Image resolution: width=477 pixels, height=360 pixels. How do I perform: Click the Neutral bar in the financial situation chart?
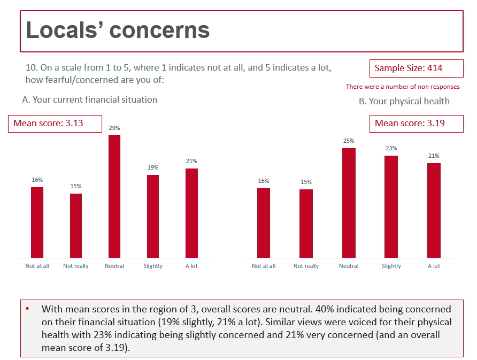click(114, 196)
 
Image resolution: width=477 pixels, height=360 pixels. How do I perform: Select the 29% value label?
click(114, 128)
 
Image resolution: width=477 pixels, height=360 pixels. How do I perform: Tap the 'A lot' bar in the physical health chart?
click(434, 211)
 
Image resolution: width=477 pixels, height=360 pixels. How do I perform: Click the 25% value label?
click(349, 141)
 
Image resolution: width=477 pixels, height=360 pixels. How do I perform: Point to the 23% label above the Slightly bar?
click(391, 149)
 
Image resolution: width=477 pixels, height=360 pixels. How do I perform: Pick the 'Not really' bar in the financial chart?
click(76, 226)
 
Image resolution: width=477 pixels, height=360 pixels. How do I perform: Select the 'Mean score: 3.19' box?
click(416, 124)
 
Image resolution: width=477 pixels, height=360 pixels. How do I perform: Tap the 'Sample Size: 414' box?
click(416, 68)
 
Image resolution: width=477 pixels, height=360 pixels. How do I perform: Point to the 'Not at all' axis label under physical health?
click(264, 266)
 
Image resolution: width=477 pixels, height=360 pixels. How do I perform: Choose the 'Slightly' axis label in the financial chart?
click(153, 266)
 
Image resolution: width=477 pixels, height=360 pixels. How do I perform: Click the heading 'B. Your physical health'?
click(404, 101)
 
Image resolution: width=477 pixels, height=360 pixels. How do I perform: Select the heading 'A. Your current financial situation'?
click(90, 99)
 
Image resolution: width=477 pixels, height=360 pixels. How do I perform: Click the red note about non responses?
click(402, 87)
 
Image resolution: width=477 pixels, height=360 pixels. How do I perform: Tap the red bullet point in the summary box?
click(28, 309)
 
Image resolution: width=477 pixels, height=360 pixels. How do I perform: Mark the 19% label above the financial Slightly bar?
click(153, 168)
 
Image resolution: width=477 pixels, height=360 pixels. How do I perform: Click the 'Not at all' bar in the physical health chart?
click(264, 223)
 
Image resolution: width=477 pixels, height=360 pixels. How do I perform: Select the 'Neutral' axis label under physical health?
click(349, 266)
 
